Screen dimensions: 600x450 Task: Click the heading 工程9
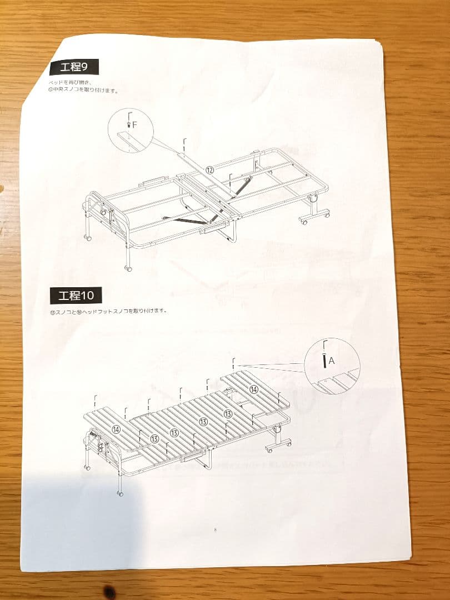pos(74,67)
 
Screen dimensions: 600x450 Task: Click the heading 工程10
pos(76,295)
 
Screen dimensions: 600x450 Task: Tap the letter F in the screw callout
pos(134,125)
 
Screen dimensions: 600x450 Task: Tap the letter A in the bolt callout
pos(332,361)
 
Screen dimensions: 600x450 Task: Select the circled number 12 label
pos(209,171)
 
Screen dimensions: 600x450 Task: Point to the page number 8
pos(215,529)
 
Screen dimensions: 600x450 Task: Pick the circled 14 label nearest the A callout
pos(254,389)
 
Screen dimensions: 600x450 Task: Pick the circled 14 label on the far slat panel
pos(116,429)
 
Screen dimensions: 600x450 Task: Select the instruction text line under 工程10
pos(108,311)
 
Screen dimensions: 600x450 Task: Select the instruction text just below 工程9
pos(83,86)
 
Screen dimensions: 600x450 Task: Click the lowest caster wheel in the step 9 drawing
pos(129,268)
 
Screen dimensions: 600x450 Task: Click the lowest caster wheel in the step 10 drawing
pos(120,492)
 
